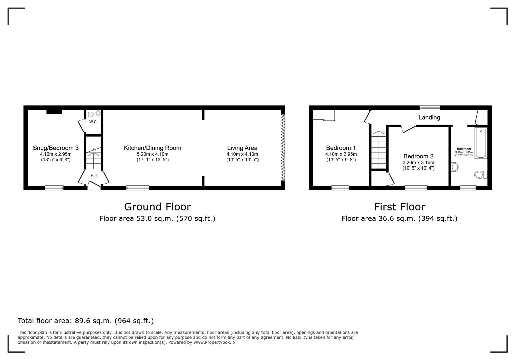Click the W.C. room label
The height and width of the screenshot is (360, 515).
[93, 122]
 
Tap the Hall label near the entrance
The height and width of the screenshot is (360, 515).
[94, 176]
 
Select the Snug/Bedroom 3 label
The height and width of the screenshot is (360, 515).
[56, 148]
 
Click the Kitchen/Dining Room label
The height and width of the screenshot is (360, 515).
[152, 148]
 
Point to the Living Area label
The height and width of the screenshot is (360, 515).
[242, 148]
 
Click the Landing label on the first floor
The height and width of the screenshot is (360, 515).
[429, 117]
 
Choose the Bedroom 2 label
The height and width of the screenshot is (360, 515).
[418, 156]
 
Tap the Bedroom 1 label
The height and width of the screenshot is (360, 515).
[341, 148]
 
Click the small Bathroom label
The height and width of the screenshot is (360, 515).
[464, 149]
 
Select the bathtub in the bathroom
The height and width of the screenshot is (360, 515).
[481, 143]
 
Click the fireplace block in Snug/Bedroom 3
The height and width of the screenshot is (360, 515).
[54, 112]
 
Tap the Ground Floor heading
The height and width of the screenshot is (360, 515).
[157, 207]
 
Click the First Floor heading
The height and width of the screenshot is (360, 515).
[399, 207]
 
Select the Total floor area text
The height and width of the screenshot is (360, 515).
[86, 321]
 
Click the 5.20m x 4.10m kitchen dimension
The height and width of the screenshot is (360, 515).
[152, 154]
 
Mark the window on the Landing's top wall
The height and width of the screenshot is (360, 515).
[430, 108]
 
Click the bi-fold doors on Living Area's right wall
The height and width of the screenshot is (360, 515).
[283, 148]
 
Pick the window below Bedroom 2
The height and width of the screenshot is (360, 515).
[416, 188]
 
